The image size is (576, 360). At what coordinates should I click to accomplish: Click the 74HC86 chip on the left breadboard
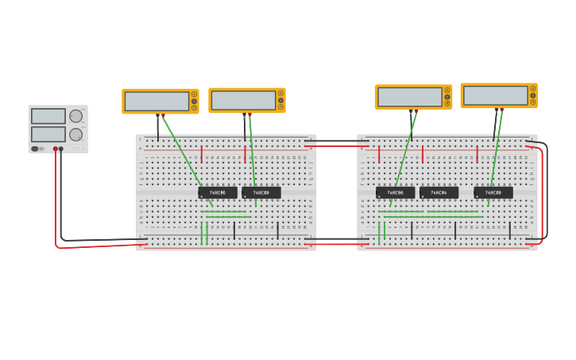217,192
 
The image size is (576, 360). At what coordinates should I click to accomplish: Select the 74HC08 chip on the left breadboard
261,192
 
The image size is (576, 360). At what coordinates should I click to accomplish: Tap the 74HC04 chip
439,192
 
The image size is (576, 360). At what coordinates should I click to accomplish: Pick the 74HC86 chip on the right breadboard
395,192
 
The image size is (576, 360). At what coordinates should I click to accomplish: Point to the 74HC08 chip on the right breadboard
493,192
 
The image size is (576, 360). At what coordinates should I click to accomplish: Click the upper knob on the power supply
75,116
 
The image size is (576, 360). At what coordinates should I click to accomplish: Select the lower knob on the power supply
75,134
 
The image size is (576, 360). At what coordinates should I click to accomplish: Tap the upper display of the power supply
48,116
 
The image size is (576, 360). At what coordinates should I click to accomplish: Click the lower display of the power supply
48,134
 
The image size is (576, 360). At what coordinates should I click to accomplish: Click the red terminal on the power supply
56,149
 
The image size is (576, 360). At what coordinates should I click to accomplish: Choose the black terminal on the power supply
61,149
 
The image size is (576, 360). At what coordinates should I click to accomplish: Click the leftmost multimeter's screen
157,101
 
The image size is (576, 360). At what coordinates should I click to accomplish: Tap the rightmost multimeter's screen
495,95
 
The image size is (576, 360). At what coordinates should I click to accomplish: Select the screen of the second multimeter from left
243,100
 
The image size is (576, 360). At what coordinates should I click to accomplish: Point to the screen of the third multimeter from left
409,97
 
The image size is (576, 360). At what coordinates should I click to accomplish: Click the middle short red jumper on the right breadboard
423,153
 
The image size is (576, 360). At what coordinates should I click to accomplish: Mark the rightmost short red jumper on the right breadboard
477,153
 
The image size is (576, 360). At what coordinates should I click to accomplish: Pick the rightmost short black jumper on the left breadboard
277,230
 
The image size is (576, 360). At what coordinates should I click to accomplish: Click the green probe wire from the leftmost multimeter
187,159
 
